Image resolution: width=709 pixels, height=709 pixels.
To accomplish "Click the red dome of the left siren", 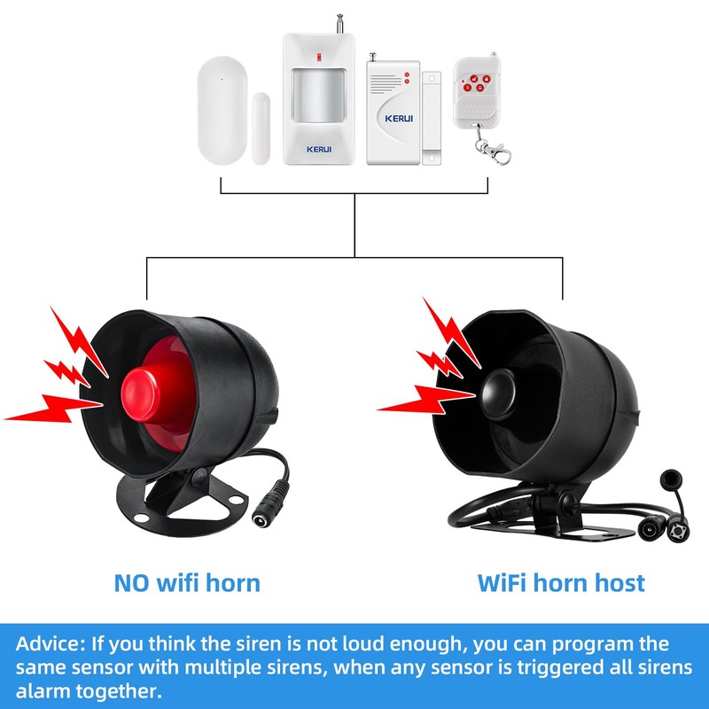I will tap(145, 386).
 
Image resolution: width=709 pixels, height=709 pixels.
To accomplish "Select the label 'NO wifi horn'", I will tap(187, 582).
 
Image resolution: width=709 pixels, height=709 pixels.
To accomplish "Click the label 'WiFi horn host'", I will tap(561, 582).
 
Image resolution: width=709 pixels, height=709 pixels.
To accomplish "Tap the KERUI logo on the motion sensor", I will tap(318, 149).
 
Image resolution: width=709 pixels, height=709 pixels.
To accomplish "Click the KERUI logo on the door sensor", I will tap(393, 116).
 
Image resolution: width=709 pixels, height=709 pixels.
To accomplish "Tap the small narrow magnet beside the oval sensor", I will tap(260, 128).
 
